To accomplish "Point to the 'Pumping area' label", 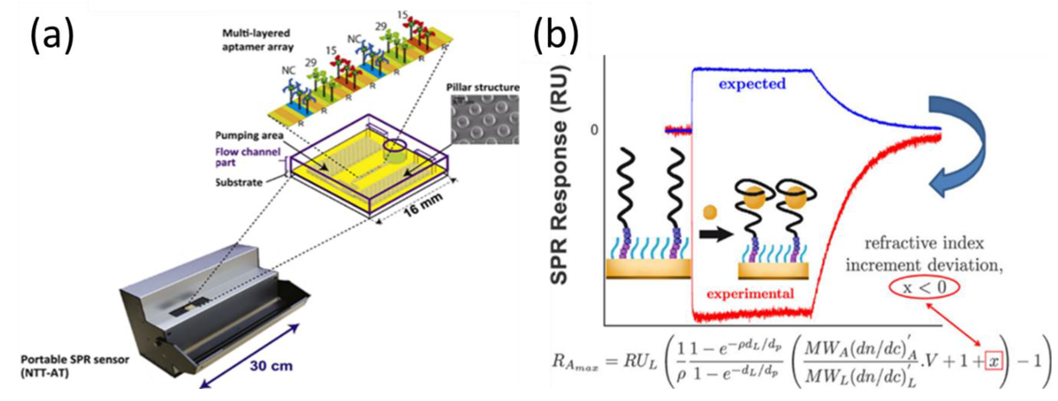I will pyautogui.click(x=249, y=135).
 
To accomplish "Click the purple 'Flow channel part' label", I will pyautogui.click(x=247, y=157).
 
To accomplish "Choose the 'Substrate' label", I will pyautogui.click(x=239, y=182).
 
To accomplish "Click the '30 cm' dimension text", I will pyautogui.click(x=271, y=365).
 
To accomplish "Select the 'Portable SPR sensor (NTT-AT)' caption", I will pyautogui.click(x=75, y=365).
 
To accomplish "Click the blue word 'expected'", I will pyautogui.click(x=752, y=84).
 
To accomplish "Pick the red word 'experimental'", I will pyautogui.click(x=750, y=294).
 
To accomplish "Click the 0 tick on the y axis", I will pyautogui.click(x=594, y=130).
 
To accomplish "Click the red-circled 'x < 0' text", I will pyautogui.click(x=924, y=287).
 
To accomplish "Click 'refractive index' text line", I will pyautogui.click(x=924, y=243).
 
